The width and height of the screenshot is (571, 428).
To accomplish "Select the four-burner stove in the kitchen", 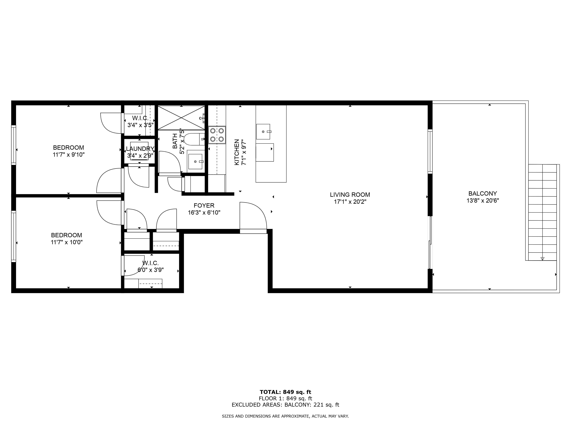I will pyautogui.click(x=217, y=135).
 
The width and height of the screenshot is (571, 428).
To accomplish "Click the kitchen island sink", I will pyautogui.click(x=263, y=132).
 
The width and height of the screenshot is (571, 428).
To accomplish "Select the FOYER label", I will pyautogui.click(x=204, y=205).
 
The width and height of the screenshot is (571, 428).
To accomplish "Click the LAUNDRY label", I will pyautogui.click(x=140, y=149).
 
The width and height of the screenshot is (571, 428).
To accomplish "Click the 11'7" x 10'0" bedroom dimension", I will pyautogui.click(x=67, y=242).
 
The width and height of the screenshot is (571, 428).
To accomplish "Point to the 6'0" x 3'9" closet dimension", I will pyautogui.click(x=150, y=270).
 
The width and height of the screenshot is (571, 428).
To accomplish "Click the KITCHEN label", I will pyautogui.click(x=236, y=152).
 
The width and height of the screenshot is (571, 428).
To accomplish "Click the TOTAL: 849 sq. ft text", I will pyautogui.click(x=285, y=392).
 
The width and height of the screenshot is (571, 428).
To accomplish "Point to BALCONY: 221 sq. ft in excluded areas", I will pyautogui.click(x=312, y=404).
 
